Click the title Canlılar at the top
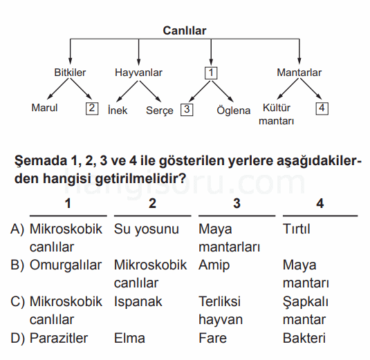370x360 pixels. (185, 30)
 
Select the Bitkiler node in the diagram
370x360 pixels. (70, 73)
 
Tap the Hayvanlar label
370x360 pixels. (138, 73)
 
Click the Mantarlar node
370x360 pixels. (299, 73)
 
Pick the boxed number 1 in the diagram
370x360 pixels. (211, 73)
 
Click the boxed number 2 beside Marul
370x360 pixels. (92, 108)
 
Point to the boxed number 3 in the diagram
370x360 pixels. (187, 110)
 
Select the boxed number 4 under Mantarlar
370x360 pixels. (322, 108)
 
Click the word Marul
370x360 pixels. (44, 108)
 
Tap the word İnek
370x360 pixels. (118, 110)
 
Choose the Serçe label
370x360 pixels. (160, 111)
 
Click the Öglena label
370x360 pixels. (233, 111)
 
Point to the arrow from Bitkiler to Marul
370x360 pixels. (58, 88)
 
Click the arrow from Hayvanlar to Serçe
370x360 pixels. (150, 91)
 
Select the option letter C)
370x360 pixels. (17, 301)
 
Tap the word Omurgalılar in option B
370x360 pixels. (66, 265)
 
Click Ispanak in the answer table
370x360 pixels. (138, 302)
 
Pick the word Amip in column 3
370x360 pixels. (214, 265)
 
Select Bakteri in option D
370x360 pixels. (304, 338)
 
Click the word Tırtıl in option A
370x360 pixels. (297, 229)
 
